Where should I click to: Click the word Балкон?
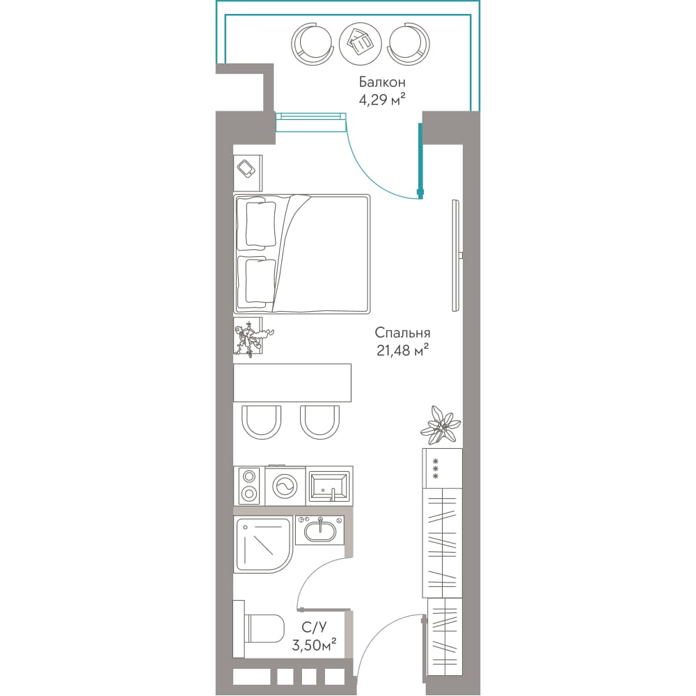tap(381, 82)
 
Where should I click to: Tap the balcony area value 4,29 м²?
tap(381, 100)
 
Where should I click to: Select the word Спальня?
tap(402, 333)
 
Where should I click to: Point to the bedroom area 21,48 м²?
tap(402, 350)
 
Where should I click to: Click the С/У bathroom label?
tap(315, 627)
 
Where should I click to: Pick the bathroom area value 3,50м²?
tap(314, 644)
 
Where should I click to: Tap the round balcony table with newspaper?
tap(360, 43)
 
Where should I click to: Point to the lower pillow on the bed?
tap(257, 280)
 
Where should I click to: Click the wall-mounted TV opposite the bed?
tap(456, 255)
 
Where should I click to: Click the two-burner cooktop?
tap(249, 486)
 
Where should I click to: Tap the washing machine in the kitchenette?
tap(285, 486)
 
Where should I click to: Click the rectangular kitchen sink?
tap(329, 486)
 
